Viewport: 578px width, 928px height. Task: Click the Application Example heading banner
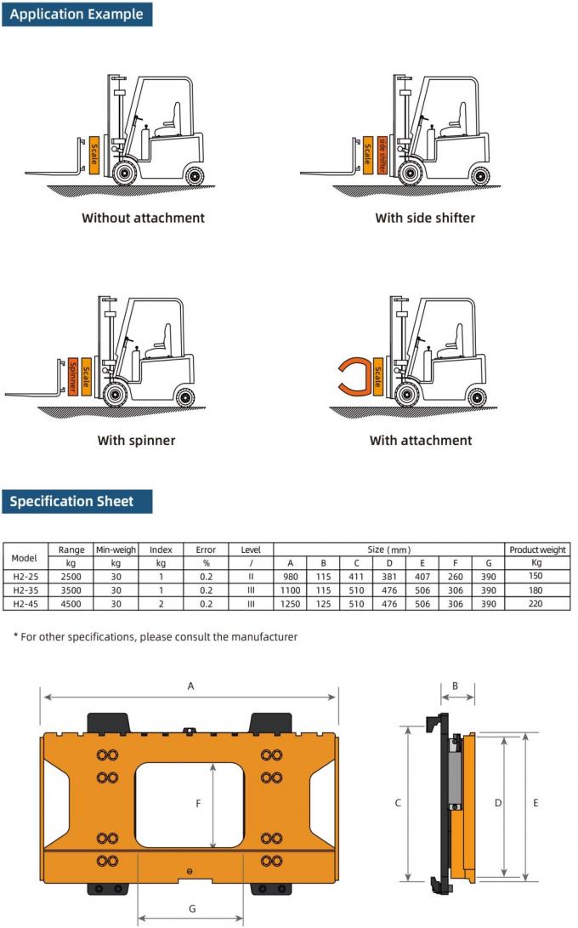pyautogui.click(x=77, y=14)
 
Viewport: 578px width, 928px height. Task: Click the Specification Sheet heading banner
pyautogui.click(x=77, y=501)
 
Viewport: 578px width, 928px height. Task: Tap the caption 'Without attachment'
pyautogui.click(x=143, y=218)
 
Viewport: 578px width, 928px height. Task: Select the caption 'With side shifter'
pyautogui.click(x=425, y=218)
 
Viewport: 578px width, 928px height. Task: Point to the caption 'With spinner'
pyautogui.click(x=136, y=441)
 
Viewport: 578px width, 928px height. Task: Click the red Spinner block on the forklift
pyautogui.click(x=73, y=375)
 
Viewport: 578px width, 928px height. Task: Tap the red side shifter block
pyautogui.click(x=382, y=154)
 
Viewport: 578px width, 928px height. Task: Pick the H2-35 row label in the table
pyautogui.click(x=25, y=589)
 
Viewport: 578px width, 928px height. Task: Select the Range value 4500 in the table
pyautogui.click(x=71, y=604)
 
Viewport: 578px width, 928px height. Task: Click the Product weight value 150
pyautogui.click(x=536, y=576)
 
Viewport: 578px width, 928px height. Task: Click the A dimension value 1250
pyautogui.click(x=290, y=604)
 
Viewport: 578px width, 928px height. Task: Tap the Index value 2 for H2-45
pyautogui.click(x=161, y=604)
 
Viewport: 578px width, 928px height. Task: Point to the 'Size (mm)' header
pyautogui.click(x=388, y=549)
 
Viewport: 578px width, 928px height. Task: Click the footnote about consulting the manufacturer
pyautogui.click(x=155, y=636)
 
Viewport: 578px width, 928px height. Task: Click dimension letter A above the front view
pyautogui.click(x=190, y=685)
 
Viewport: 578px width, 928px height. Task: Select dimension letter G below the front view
pyautogui.click(x=192, y=908)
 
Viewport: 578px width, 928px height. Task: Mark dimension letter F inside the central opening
pyautogui.click(x=198, y=803)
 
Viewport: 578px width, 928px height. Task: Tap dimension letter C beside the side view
pyautogui.click(x=398, y=803)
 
